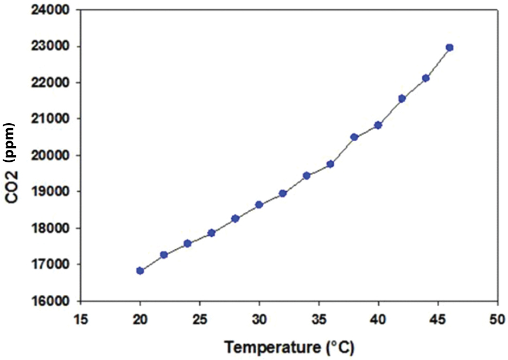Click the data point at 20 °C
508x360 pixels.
point(140,270)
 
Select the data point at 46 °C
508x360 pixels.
point(449,47)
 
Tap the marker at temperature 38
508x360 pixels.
point(354,137)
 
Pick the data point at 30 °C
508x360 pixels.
point(259,205)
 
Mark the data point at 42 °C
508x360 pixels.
point(402,98)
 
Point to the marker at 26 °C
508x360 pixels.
point(212,233)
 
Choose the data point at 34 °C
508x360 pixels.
point(307,175)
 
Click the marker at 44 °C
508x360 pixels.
point(426,78)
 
